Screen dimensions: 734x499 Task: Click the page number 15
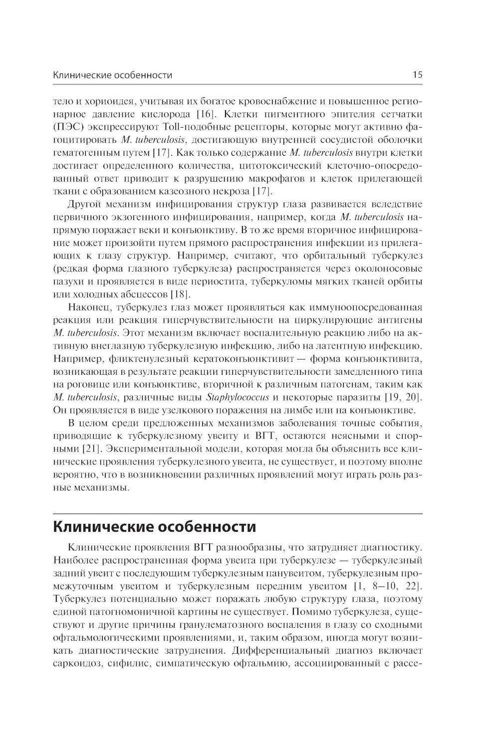[x=417, y=75]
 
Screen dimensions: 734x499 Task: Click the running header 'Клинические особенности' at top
[x=112, y=75]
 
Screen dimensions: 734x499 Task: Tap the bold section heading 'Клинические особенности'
[x=155, y=526]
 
